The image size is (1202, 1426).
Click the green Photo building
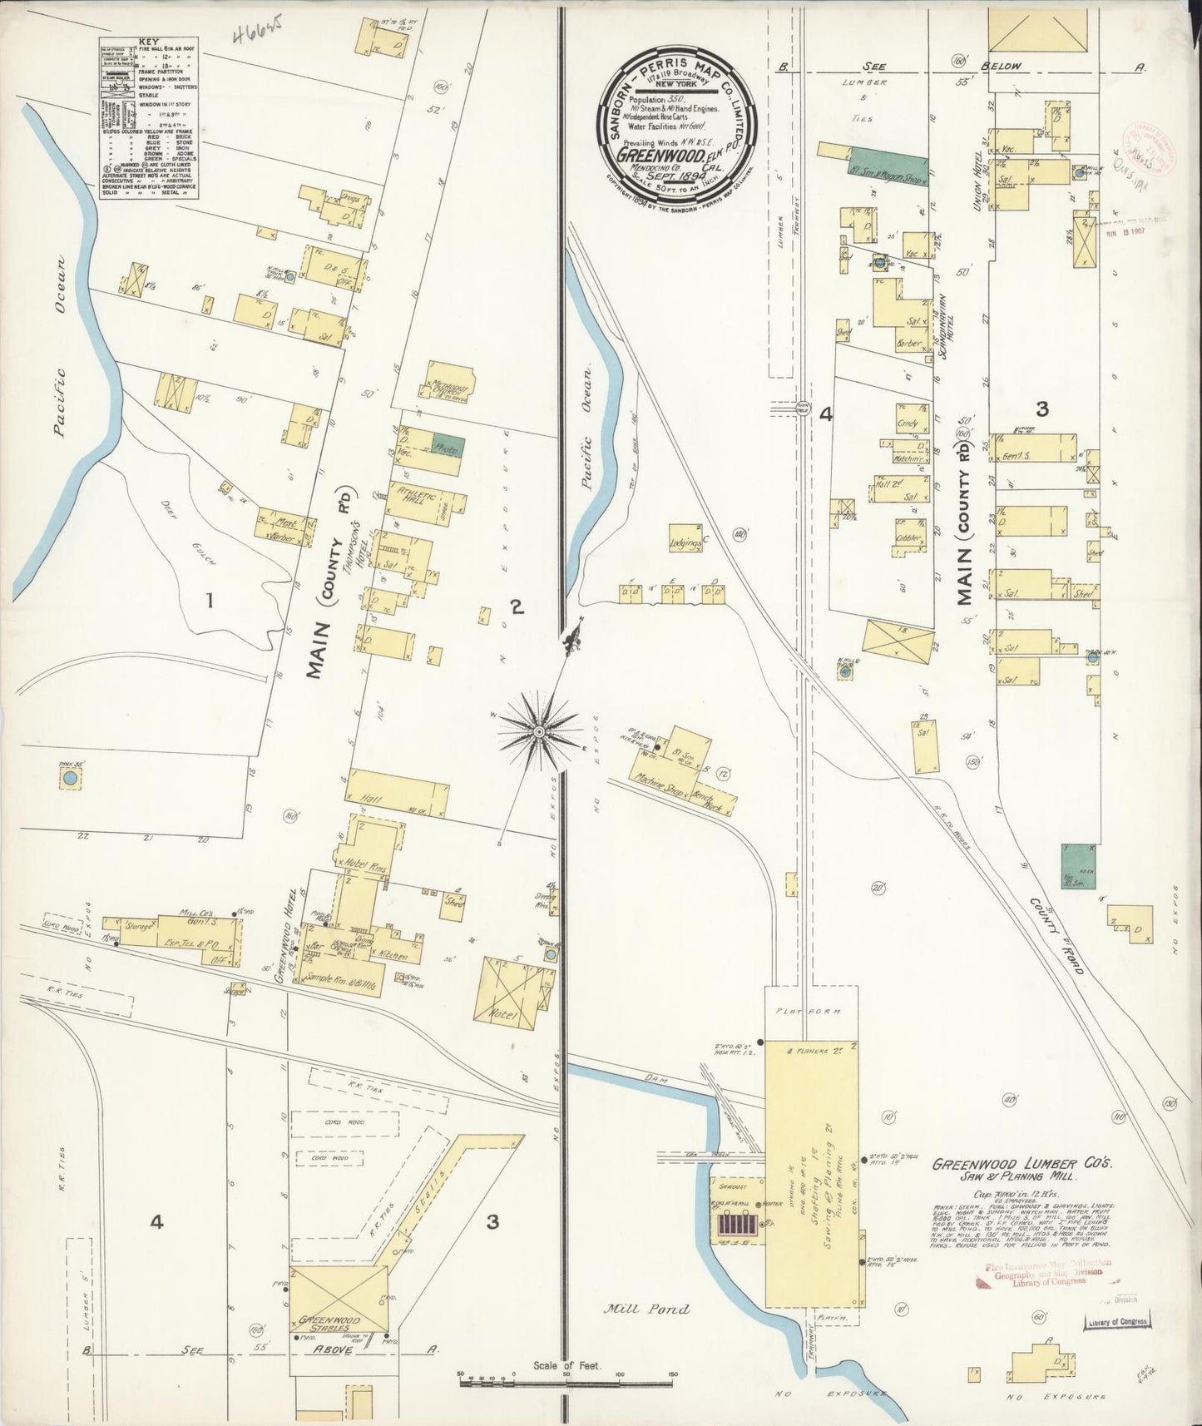click(x=449, y=447)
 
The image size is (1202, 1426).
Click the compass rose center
click(x=538, y=731)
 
